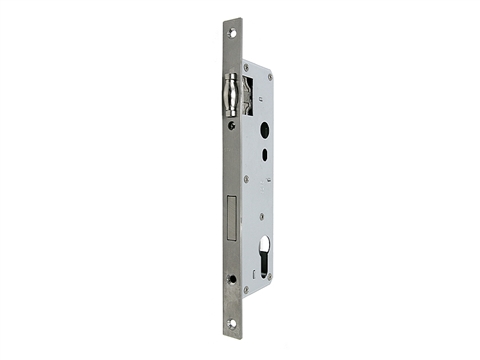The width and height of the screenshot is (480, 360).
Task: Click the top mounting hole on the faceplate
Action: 232,32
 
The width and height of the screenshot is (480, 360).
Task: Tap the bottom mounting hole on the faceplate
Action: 232,323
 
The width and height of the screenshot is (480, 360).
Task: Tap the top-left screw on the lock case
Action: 246,68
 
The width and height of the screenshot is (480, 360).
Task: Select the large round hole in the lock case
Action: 263,130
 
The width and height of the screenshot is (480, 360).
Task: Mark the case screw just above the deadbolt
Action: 245,180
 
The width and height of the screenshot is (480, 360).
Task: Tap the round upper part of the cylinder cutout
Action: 264,244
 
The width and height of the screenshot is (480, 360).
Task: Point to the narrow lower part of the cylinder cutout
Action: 264,268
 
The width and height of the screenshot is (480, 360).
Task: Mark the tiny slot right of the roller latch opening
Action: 257,88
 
